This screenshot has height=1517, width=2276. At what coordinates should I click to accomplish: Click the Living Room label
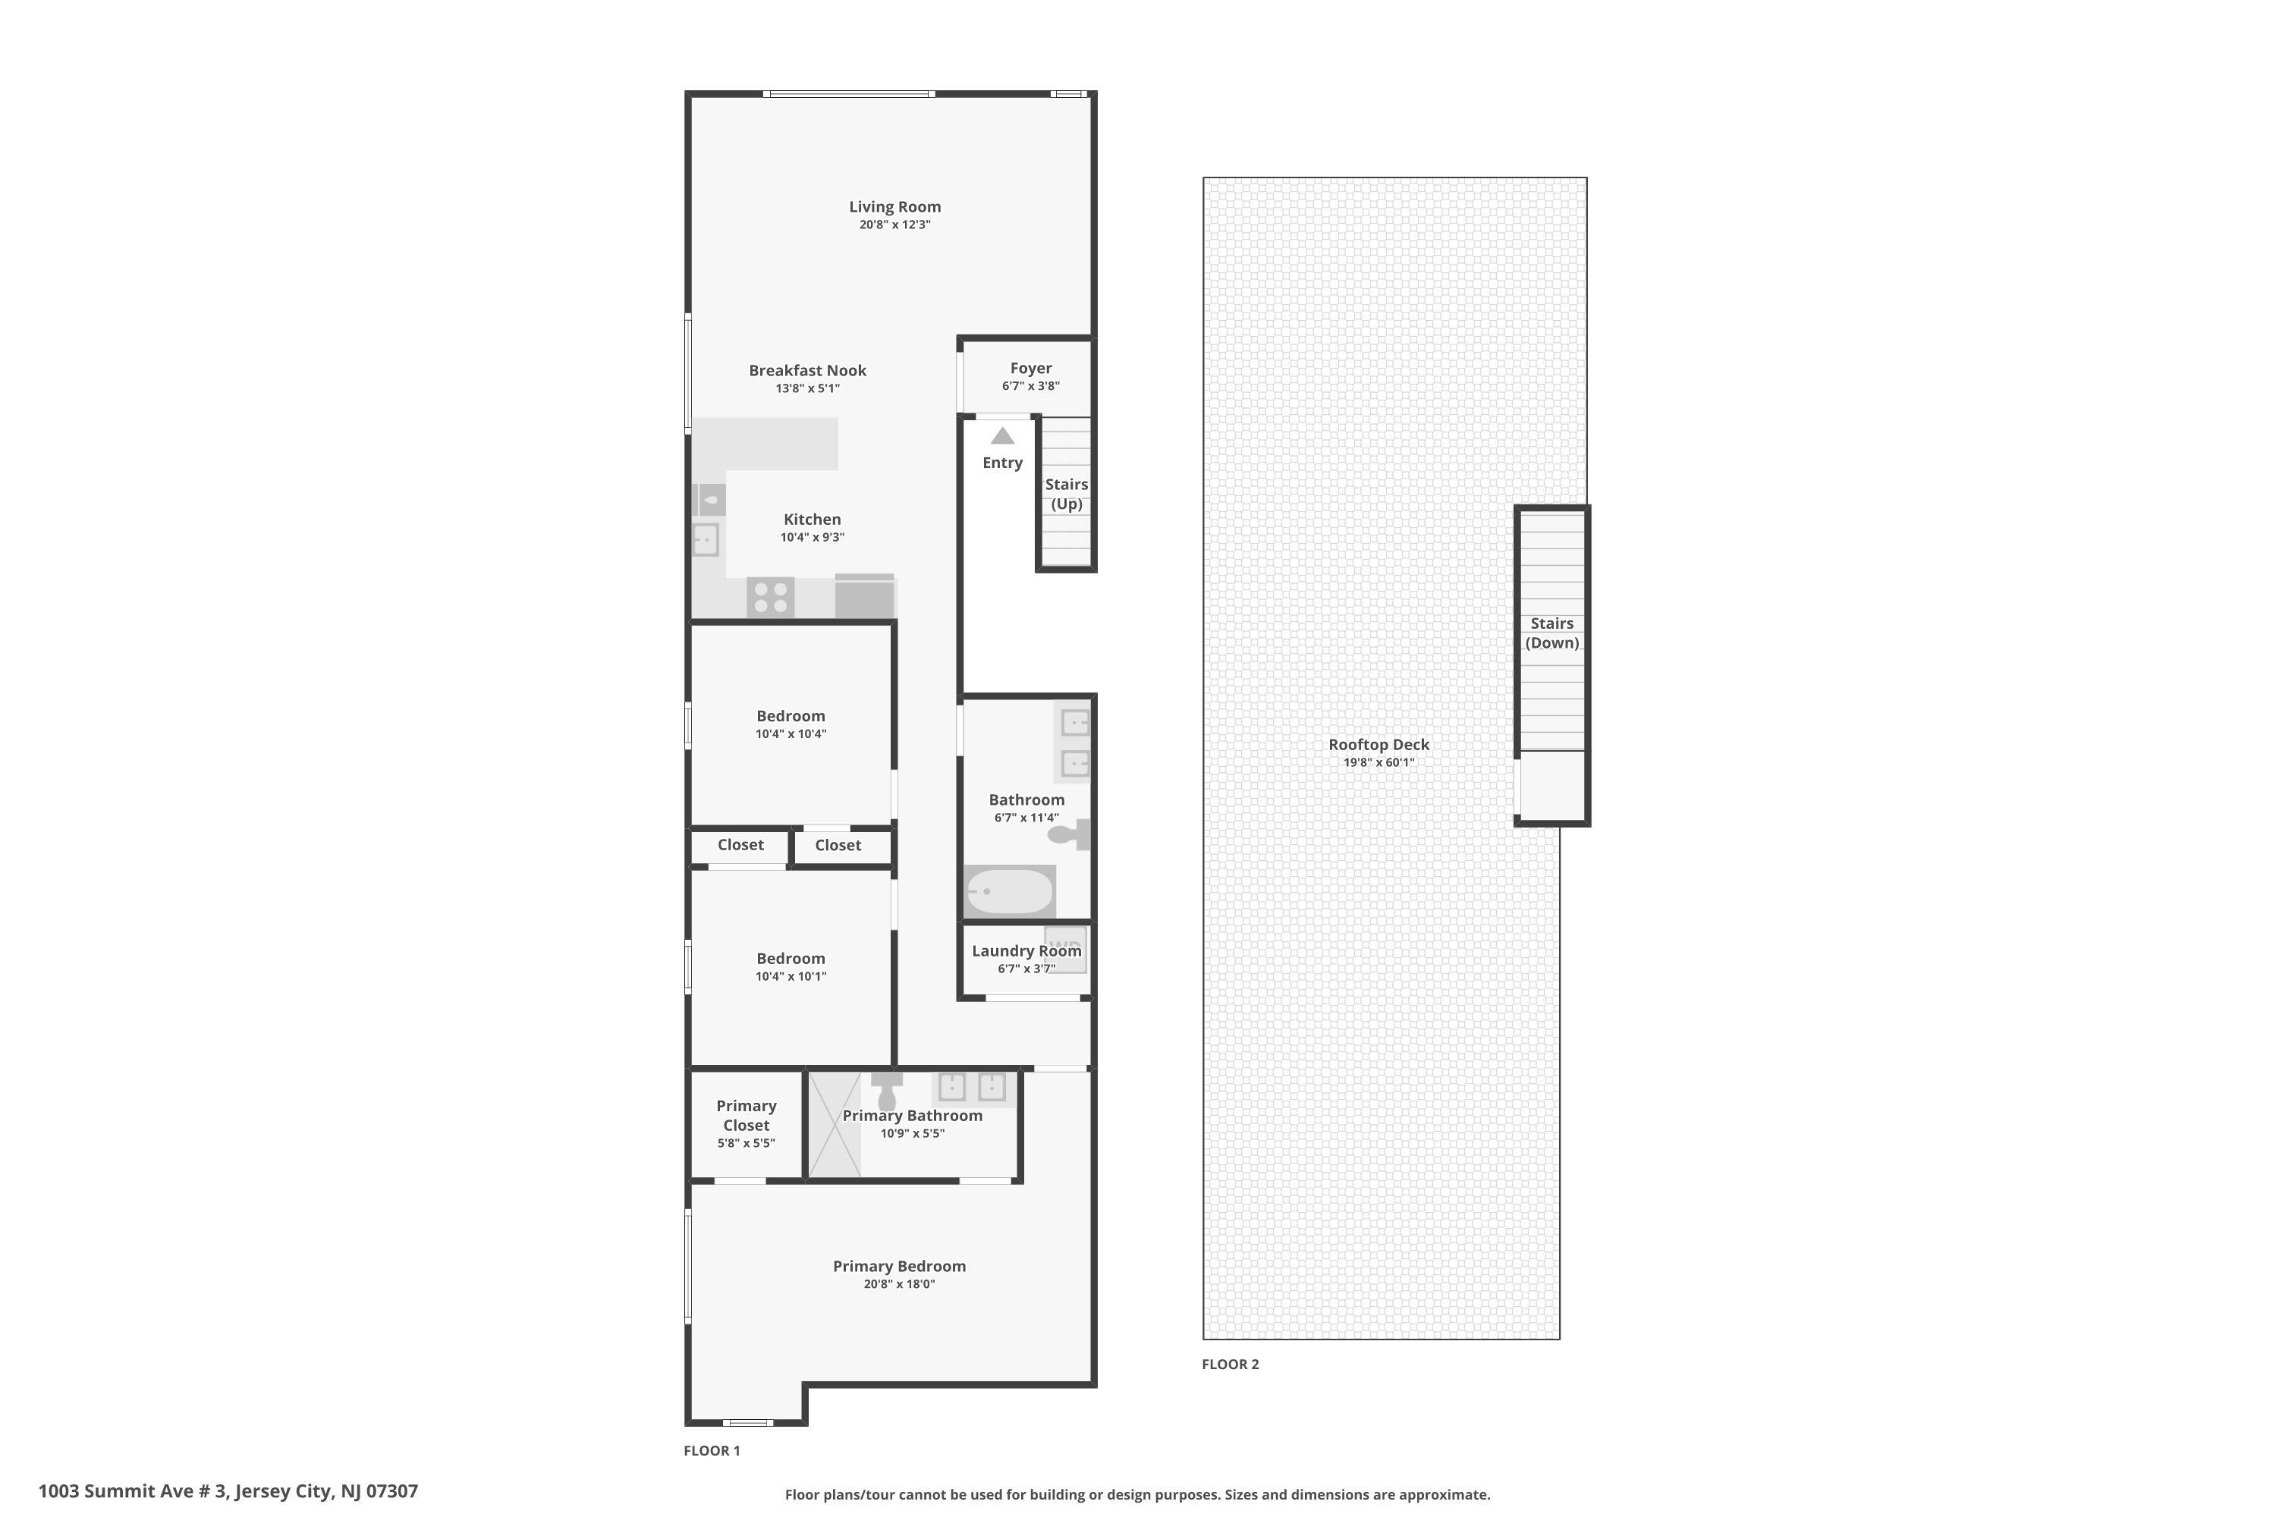tap(894, 207)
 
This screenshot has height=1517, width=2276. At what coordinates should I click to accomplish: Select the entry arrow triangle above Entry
tap(1002, 436)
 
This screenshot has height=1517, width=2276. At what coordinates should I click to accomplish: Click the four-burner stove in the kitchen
tap(770, 597)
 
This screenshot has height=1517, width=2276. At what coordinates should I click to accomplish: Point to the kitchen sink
tap(706, 539)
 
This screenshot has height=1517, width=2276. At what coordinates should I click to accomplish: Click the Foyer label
tap(1030, 369)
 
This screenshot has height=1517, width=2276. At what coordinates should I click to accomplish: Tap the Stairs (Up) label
tap(1067, 494)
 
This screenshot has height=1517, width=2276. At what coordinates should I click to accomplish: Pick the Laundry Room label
tap(1026, 951)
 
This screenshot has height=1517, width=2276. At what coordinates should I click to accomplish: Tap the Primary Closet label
tap(746, 1116)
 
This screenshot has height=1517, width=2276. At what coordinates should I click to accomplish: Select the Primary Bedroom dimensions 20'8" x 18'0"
tap(899, 1285)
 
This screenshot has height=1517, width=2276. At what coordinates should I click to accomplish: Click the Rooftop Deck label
tap(1378, 745)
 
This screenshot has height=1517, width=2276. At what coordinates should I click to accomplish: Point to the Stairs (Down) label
tap(1551, 633)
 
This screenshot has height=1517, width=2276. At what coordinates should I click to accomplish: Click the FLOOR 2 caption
tap(1230, 1364)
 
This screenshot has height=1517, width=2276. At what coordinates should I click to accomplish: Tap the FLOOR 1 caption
tap(712, 1450)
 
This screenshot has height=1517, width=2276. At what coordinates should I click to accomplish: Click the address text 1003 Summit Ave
tap(228, 1491)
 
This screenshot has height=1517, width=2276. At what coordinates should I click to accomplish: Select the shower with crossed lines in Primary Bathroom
tap(834, 1124)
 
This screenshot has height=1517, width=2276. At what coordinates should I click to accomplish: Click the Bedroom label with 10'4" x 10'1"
tap(791, 959)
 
